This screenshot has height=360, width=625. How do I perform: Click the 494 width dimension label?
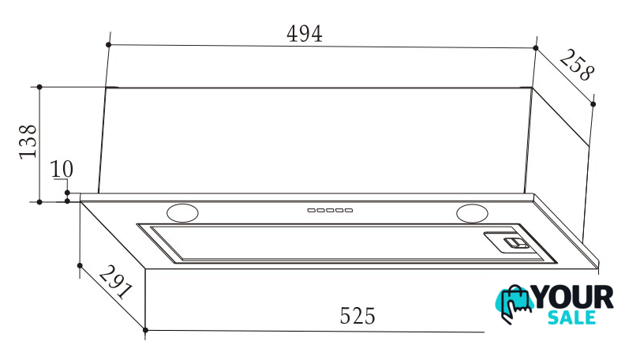point(304,34)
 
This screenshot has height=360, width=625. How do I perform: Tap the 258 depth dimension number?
point(577,66)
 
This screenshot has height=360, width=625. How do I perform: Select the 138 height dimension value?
point(28,141)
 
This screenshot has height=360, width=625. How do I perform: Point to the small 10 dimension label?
point(62,169)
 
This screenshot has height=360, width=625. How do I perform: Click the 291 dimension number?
point(115,283)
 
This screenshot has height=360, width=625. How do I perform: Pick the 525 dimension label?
point(357,316)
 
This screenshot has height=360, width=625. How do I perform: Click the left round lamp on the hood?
point(182,212)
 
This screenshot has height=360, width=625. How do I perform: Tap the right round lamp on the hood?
point(473,213)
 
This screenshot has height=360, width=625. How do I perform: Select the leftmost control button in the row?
point(311,210)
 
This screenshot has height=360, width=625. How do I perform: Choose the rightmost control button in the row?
point(349,210)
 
